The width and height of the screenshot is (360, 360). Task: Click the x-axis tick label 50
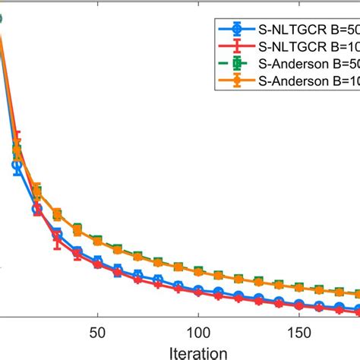point(97,333)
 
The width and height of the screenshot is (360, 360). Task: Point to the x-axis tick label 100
point(197,333)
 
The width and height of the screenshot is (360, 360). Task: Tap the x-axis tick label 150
point(298,333)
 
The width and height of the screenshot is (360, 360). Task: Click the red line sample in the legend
point(237,46)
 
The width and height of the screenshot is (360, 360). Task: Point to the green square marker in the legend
point(237,63)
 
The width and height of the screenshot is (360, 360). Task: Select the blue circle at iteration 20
point(36,209)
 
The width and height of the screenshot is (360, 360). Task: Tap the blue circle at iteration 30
point(57,234)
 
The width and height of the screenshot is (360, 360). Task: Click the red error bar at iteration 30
point(57,240)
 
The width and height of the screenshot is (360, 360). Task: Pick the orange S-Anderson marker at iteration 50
point(97,240)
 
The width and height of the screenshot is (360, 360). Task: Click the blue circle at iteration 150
point(298,305)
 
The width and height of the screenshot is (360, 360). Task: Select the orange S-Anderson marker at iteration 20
point(36,190)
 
